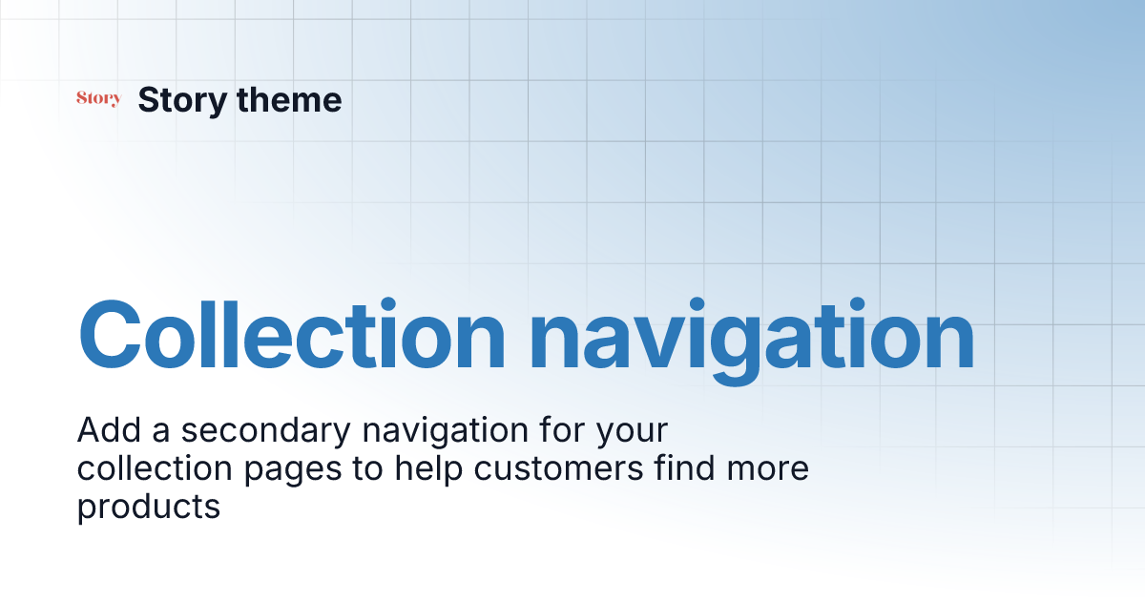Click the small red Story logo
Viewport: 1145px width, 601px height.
pyautogui.click(x=98, y=98)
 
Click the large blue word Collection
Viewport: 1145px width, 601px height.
pyautogui.click(x=291, y=336)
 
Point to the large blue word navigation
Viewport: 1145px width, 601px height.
pyautogui.click(x=752, y=336)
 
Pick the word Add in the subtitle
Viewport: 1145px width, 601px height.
pyautogui.click(x=108, y=431)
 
